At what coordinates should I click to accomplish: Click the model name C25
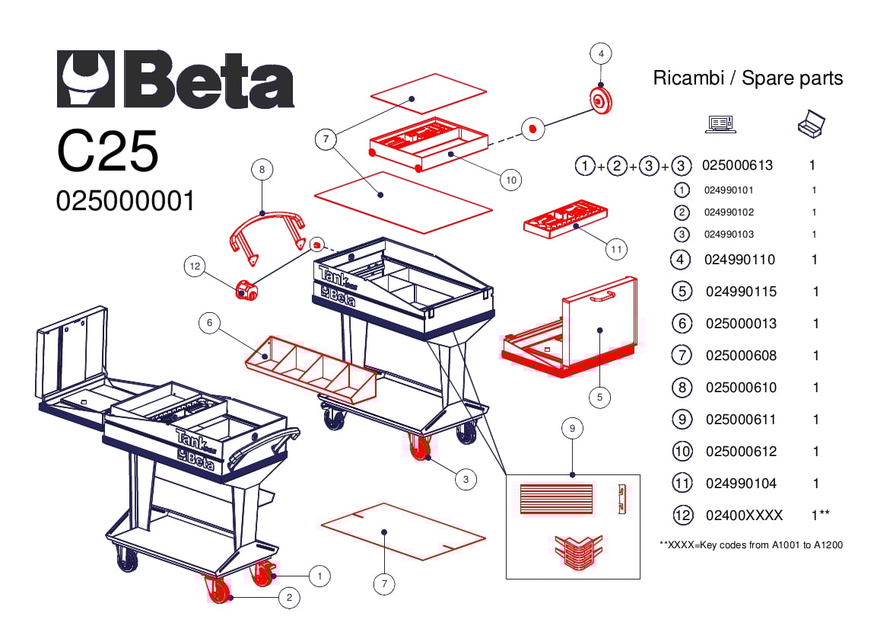coord(107,151)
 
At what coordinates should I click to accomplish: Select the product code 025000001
coord(126,201)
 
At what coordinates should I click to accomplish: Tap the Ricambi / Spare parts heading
coord(748,78)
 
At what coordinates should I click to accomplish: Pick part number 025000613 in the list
coord(737,165)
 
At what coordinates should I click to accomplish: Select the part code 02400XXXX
coord(744,516)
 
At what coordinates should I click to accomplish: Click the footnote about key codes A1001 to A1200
coord(751,544)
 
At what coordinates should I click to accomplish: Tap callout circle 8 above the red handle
coord(262,169)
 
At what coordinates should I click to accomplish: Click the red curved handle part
coord(266,231)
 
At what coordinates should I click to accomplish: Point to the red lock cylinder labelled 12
coord(246,289)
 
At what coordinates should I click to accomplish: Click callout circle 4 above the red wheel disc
coord(601,54)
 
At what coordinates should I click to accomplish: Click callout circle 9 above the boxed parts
coord(572,429)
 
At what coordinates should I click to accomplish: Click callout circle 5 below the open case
coord(599,396)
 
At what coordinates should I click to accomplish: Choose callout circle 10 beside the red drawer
coord(510,180)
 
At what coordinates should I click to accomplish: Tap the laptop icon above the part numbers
coord(720,123)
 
